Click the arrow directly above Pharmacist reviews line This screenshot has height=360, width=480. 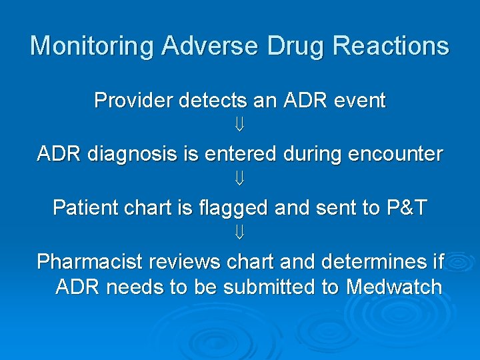(x=240, y=233)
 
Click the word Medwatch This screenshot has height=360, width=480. (x=394, y=287)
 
